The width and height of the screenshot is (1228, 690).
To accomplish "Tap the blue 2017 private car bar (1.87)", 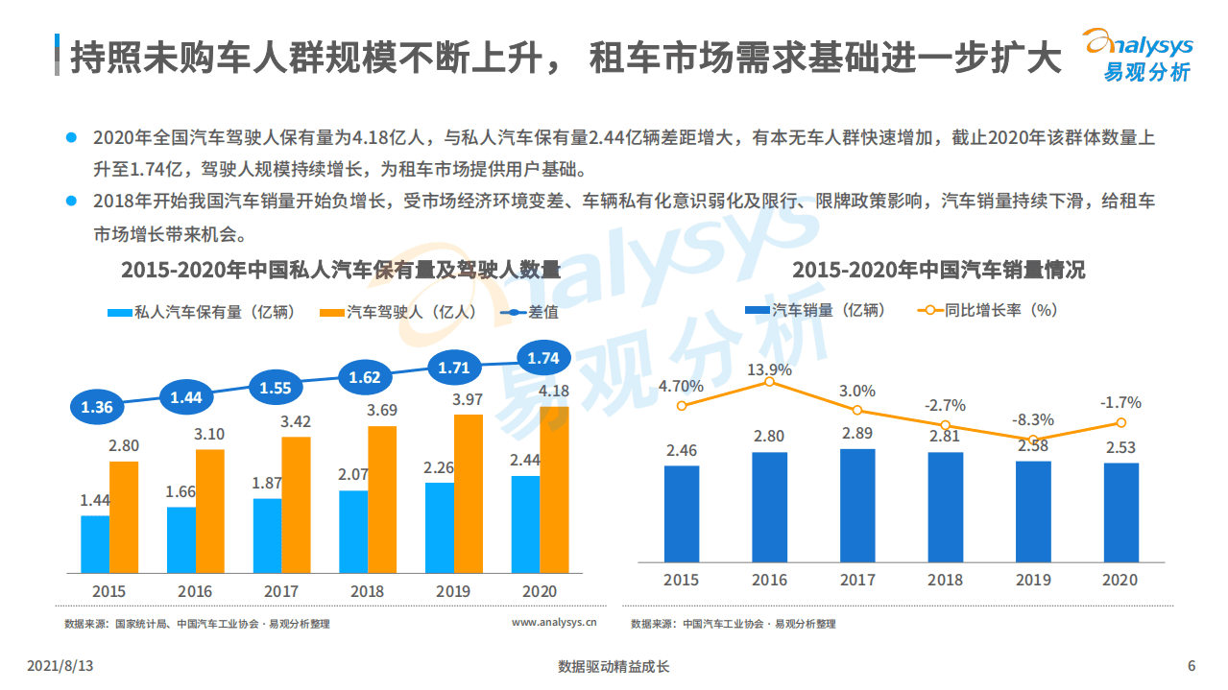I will point(267,535).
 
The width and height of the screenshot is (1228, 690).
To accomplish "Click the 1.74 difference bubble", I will point(543,358).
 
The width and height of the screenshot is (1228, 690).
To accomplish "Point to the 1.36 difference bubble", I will point(97,407).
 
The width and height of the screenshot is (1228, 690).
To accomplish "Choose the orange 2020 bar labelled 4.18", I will point(555,489).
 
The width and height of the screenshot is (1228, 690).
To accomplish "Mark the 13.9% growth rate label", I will point(769,369).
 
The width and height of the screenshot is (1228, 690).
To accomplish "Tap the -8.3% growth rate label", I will point(1033,419).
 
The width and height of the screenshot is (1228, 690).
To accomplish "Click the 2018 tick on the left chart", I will point(368,591).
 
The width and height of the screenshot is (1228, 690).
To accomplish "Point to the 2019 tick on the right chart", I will point(1033,580).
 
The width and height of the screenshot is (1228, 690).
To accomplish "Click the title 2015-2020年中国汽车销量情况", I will point(938,270).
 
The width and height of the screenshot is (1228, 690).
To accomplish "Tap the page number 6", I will point(1192,666).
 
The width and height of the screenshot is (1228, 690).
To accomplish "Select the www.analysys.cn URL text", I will point(554,623).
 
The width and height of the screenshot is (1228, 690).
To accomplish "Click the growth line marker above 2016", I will point(769,382).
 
